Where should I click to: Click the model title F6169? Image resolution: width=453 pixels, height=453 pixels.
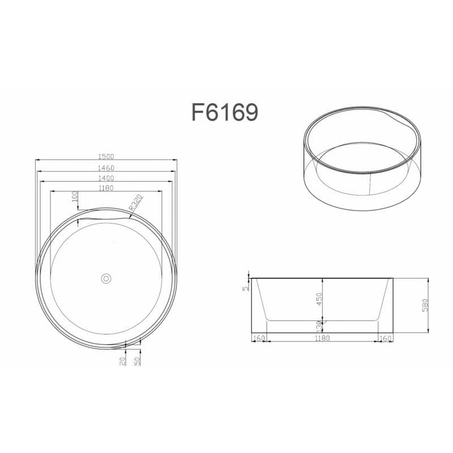[x=225, y=112]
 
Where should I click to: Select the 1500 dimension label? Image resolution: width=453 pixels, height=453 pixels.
[x=106, y=157]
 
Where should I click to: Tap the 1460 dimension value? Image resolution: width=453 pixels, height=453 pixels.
[x=106, y=168]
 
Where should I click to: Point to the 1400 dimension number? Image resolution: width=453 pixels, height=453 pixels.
[x=106, y=178]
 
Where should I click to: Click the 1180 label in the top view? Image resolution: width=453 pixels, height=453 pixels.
[x=106, y=188]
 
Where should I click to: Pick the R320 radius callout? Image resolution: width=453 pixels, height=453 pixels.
[x=136, y=203]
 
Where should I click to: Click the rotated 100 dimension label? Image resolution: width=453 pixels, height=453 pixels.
[x=75, y=196]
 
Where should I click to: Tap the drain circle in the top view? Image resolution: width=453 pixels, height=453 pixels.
[x=106, y=279]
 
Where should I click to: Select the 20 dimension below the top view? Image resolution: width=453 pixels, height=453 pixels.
[x=122, y=361]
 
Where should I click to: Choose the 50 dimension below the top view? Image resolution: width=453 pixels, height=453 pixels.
[x=137, y=361]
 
